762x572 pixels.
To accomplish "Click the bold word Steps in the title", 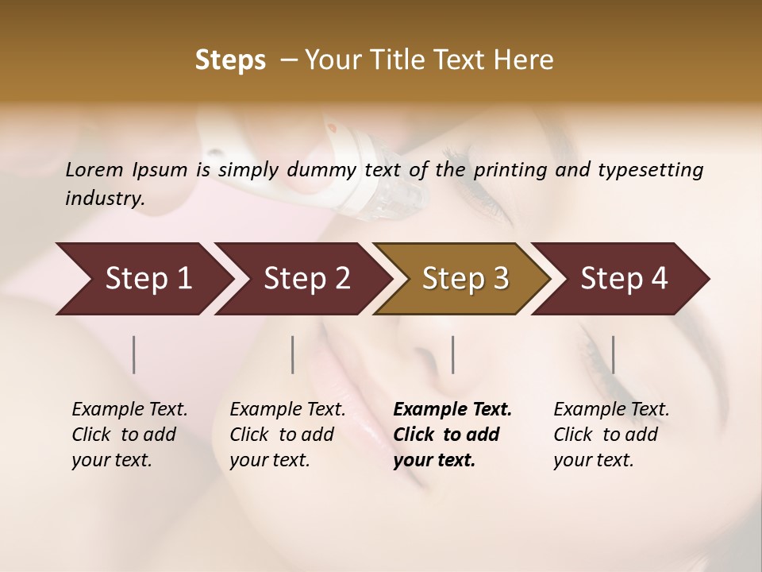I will [x=230, y=60].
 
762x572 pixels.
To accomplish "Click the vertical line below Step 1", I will [x=134, y=354].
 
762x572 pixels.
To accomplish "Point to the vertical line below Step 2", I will [x=293, y=354].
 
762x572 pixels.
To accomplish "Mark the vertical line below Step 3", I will [x=452, y=354].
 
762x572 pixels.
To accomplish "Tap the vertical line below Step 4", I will [x=613, y=354].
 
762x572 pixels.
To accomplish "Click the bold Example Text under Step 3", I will [x=452, y=410].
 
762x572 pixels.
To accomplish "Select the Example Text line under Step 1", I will [x=129, y=410].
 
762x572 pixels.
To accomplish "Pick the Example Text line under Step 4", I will [x=611, y=410].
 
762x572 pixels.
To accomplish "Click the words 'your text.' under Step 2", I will [x=269, y=460].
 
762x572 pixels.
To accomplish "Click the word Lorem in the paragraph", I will [x=94, y=169].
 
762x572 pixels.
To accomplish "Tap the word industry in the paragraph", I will [x=104, y=198].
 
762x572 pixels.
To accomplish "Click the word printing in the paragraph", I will [x=512, y=170].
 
